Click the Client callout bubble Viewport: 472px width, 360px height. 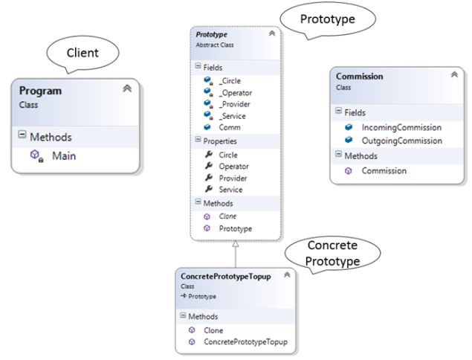83,53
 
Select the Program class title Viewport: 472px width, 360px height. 40,91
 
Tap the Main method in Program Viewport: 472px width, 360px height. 64,155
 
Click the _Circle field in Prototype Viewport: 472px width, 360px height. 231,80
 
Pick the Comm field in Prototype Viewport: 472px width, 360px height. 230,127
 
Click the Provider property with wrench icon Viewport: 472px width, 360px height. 233,178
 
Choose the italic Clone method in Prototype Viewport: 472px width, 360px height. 228,216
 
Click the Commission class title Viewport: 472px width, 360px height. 360,76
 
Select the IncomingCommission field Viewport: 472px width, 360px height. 401,127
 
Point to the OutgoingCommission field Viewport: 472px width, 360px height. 402,139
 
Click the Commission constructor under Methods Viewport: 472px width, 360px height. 384,170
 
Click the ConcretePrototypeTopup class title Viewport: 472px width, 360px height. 224,276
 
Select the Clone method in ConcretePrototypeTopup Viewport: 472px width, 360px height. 213,330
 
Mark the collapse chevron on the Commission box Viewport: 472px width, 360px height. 453,74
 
